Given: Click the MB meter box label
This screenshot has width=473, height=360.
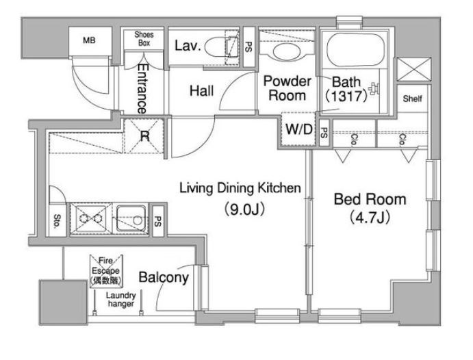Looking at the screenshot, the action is [89, 40].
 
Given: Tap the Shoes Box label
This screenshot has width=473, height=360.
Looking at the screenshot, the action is [144, 39].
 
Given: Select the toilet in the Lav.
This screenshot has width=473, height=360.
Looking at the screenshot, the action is [221, 47].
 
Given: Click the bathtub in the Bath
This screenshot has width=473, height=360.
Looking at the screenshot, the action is [356, 49].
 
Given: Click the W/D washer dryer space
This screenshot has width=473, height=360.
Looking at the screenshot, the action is [298, 129].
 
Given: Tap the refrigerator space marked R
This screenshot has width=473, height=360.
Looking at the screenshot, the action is [144, 136].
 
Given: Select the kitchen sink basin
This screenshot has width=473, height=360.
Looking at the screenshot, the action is [131, 218].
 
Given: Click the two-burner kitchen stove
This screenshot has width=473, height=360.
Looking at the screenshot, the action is [90, 218].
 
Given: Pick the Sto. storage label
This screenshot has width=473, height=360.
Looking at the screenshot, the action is [57, 221].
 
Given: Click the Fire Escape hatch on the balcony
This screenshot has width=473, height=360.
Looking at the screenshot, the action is [106, 271].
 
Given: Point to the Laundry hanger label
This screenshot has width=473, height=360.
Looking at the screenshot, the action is [121, 299].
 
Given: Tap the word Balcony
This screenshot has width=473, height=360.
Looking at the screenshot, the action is [164, 277].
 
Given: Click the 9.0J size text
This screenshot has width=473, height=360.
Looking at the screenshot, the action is [244, 209].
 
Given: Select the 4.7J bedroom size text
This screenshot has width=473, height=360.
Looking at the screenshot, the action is [370, 217].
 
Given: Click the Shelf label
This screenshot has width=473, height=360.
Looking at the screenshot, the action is [412, 99].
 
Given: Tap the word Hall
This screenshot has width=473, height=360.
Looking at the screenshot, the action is [201, 91].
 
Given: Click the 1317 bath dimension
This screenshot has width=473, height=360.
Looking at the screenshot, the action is [346, 97].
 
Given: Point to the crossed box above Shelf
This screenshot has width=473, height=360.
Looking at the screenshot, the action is [414, 69].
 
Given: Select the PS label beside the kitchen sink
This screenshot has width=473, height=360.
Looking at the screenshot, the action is [157, 221].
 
